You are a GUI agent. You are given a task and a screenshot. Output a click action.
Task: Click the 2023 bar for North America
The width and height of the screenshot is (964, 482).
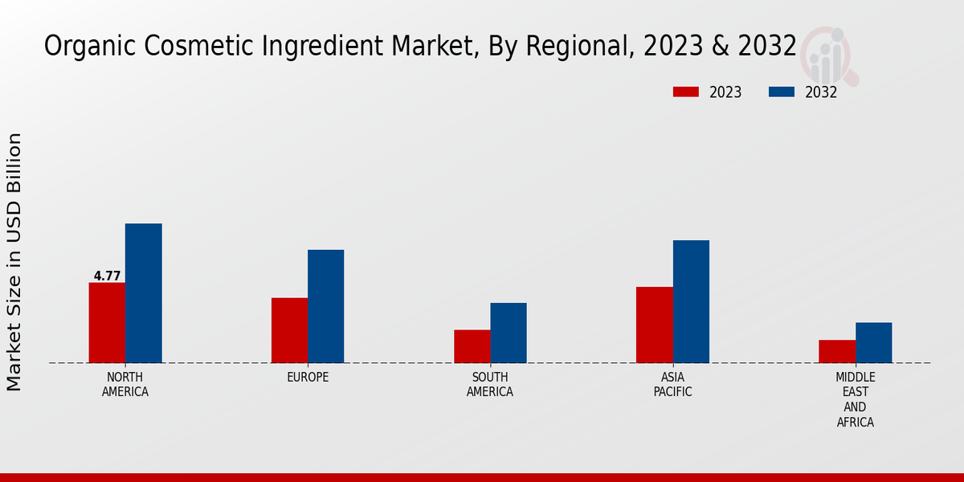coord(107,322)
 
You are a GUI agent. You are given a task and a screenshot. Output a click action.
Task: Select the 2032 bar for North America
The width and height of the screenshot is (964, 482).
coord(143,293)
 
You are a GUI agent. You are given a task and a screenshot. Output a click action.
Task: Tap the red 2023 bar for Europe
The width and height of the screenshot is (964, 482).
coord(289,330)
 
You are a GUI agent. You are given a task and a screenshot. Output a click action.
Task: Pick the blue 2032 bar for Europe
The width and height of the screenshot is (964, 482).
coord(325,306)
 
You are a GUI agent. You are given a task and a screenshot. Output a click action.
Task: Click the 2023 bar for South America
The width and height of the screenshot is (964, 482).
coord(472,346)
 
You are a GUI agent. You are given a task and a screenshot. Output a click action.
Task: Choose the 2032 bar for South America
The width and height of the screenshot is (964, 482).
coord(509,333)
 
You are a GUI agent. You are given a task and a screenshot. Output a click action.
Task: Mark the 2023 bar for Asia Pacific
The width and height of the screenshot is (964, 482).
coord(654,325)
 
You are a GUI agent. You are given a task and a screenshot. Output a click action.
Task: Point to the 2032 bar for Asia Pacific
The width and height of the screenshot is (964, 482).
coord(691,301)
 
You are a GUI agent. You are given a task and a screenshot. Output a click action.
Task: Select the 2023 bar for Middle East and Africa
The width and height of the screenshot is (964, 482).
coord(837,351)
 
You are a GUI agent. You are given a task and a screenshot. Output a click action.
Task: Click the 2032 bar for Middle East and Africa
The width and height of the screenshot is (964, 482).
coord(873,342)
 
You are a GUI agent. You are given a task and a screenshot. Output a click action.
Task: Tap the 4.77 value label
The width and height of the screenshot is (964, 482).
coord(107,276)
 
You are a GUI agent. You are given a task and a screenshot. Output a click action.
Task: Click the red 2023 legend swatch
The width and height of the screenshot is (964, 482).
coord(686,92)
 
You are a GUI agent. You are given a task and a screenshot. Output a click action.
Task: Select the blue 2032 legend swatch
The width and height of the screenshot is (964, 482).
coord(782,92)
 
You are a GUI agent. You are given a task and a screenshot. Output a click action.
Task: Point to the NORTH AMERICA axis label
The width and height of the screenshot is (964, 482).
coord(125,385)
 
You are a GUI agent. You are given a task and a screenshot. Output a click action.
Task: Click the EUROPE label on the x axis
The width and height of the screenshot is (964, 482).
coord(308,378)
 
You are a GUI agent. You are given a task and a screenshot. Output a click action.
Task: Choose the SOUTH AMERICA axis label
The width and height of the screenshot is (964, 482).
coord(490,385)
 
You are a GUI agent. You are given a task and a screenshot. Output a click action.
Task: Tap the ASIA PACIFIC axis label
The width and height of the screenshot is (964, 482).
coord(672,385)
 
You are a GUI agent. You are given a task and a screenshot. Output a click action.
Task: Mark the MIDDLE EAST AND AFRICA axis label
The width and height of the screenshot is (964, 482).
coord(855,400)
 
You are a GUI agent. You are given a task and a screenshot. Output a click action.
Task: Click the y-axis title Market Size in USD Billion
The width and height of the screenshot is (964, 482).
coord(14,262)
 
